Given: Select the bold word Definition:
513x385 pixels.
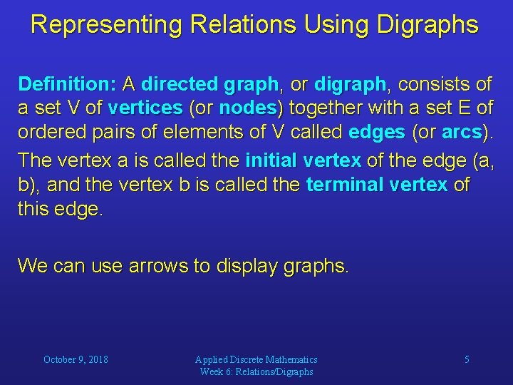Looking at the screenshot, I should pos(68,85).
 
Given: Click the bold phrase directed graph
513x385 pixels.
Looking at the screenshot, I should pos(209,85).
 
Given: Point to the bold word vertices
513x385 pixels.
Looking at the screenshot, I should pos(145,109).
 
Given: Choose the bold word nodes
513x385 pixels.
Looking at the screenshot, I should pos(247,109).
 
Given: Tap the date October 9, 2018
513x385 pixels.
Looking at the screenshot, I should pos(76,359).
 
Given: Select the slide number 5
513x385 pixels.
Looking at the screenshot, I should pos(467,359).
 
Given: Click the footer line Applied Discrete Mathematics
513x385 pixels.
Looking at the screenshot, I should pos(256,359).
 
